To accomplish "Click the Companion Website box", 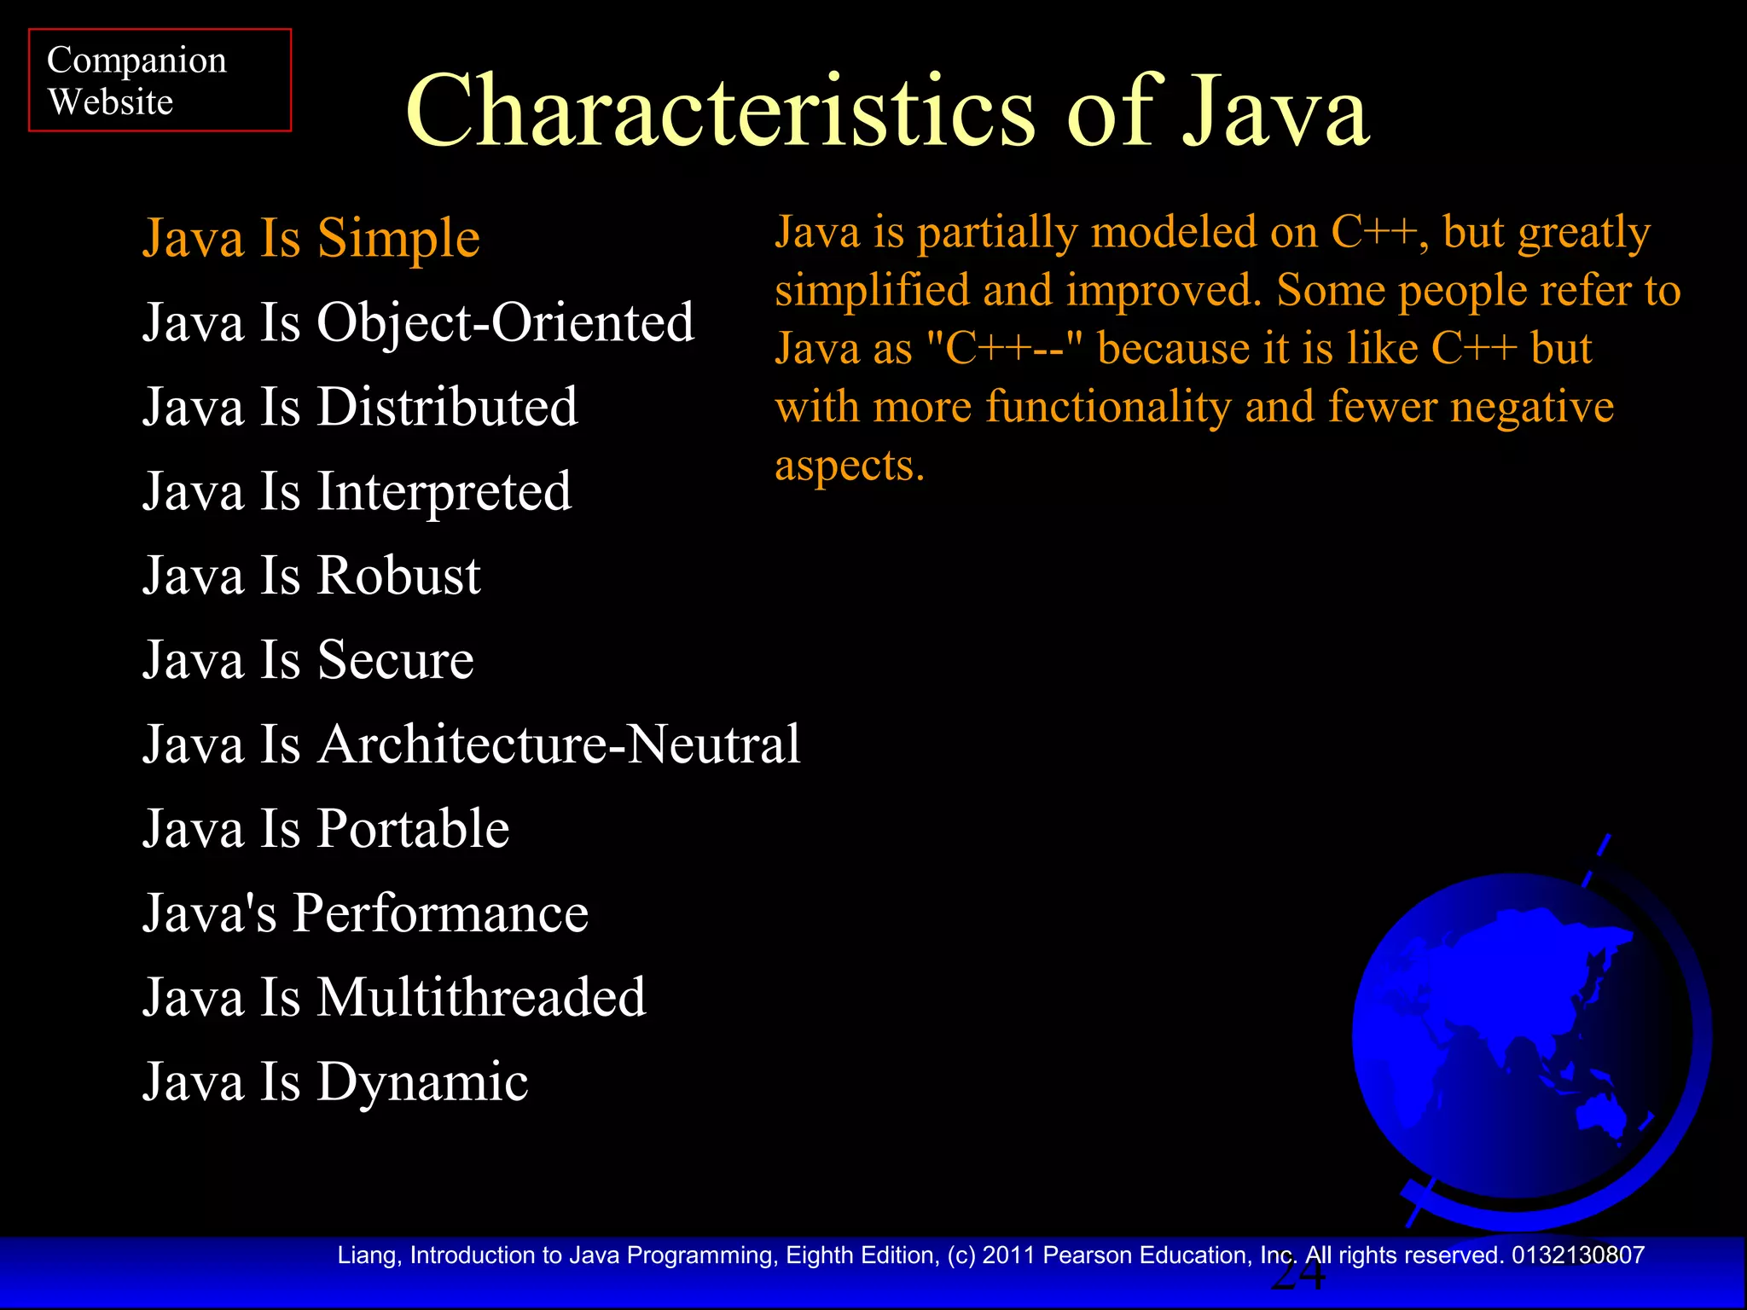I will (160, 80).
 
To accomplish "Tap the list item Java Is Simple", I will (311, 238).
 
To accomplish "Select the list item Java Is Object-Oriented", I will (418, 322).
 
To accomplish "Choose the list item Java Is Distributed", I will (360, 407).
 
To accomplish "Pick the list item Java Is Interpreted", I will (357, 491).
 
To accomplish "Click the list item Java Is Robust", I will (311, 576).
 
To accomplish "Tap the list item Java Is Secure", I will (308, 660).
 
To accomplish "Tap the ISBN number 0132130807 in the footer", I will (1577, 1255).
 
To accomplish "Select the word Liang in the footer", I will (367, 1255).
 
